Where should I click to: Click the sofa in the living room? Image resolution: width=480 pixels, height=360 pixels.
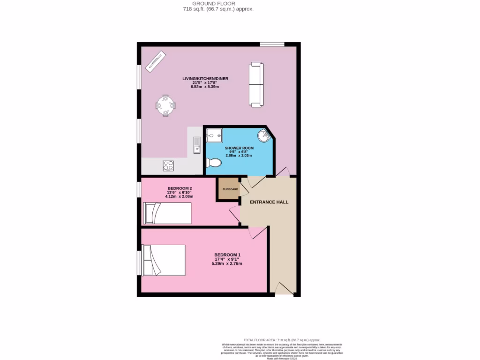point(256,84)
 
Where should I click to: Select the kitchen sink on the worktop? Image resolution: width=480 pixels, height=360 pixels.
point(197,145)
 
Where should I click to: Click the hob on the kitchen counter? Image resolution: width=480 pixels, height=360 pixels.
point(168,165)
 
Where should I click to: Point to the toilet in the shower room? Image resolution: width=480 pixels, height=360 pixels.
point(214,163)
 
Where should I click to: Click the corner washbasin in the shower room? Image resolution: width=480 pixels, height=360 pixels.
point(264,136)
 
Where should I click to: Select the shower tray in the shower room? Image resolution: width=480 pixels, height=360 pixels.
point(214,135)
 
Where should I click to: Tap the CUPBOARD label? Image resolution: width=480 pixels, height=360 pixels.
point(227,189)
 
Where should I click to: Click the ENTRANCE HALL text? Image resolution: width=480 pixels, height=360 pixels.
point(269,202)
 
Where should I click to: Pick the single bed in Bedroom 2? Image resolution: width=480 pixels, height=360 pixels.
point(167,213)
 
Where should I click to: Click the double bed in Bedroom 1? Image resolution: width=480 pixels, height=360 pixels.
point(164,260)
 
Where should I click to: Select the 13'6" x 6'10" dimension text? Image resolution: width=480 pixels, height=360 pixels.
point(180,192)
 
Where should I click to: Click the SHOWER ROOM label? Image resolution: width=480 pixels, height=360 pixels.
point(239,148)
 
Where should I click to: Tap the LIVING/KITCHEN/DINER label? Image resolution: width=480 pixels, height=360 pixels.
point(205,78)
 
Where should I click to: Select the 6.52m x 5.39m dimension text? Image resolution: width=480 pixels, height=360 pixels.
point(205,87)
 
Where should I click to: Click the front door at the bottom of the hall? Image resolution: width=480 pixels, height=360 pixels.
point(284,289)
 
